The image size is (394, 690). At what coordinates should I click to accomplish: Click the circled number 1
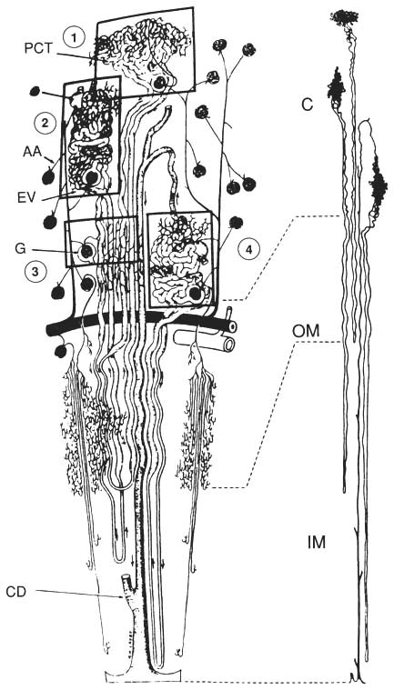(75, 38)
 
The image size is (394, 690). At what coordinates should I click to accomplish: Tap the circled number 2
(44, 124)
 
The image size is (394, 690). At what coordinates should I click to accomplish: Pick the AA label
(31, 152)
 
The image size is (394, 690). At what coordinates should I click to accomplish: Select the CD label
(16, 593)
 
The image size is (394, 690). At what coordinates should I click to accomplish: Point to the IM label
(316, 543)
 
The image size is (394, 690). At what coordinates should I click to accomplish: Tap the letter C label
(308, 105)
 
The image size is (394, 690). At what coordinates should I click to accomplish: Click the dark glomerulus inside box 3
(87, 251)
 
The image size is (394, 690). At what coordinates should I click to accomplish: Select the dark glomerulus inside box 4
(195, 294)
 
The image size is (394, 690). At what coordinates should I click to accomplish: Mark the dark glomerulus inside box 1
(159, 83)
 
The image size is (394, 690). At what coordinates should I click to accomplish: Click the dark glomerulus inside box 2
(93, 178)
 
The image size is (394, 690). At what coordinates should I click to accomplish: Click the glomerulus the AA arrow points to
(48, 177)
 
